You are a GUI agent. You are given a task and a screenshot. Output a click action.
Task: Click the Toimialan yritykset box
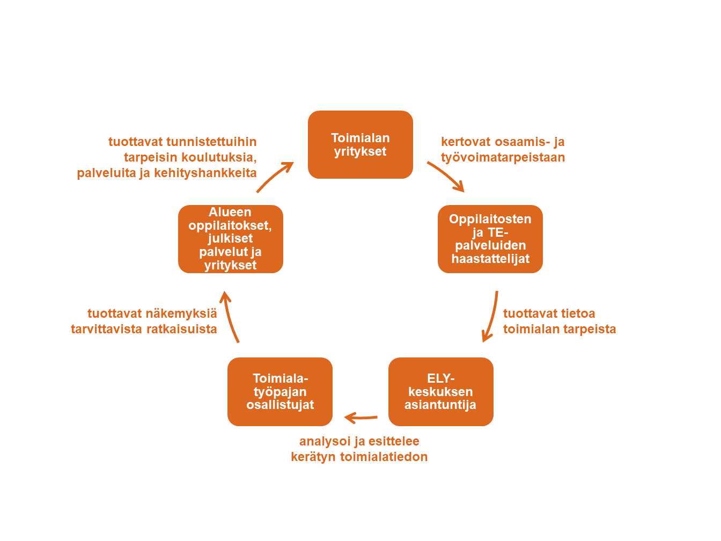pyautogui.click(x=360, y=144)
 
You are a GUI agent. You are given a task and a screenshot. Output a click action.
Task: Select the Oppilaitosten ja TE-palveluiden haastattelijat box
pyautogui.click(x=490, y=239)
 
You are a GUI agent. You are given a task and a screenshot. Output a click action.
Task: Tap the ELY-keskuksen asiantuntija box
pyautogui.click(x=441, y=392)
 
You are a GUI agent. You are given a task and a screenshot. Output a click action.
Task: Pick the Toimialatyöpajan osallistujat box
pyautogui.click(x=280, y=392)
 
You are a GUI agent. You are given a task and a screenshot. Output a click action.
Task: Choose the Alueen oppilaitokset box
pyautogui.click(x=231, y=239)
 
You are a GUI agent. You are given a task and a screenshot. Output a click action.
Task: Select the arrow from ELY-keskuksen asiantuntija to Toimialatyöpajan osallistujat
pyautogui.click(x=360, y=418)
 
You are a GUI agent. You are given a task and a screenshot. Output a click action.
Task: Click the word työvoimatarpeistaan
pyautogui.click(x=503, y=157)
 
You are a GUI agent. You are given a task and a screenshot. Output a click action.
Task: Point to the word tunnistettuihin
pyautogui.click(x=211, y=142)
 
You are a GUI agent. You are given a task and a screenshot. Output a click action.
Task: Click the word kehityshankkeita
pyautogui.click(x=205, y=173)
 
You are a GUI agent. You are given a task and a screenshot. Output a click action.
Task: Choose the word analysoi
pyautogui.click(x=325, y=441)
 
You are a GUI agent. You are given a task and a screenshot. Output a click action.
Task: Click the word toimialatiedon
pyautogui.click(x=384, y=457)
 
